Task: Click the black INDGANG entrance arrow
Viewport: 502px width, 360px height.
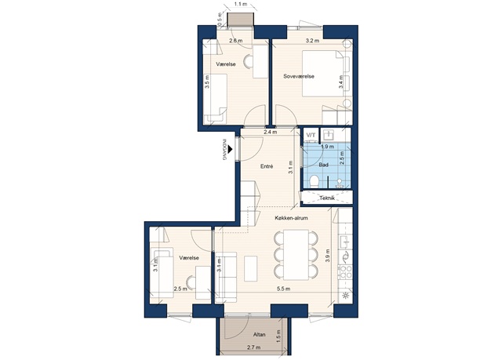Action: pos(230,149)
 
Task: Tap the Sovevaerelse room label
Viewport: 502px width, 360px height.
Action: pos(299,76)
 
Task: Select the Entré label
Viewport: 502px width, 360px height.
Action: pos(267,166)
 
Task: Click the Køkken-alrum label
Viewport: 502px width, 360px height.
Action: pos(291,218)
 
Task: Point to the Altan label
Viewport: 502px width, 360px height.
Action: pos(260,335)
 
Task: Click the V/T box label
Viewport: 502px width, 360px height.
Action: pos(311,135)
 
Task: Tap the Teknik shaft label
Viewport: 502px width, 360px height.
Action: pos(327,198)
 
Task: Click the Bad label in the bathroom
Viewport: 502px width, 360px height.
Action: pos(324,165)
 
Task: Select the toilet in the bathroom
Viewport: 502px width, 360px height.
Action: pos(315,181)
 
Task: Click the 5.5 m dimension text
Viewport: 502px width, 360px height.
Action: pos(284,289)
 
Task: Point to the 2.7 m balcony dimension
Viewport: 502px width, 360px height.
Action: pos(253,347)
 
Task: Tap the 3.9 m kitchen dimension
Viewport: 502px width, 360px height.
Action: pos(327,256)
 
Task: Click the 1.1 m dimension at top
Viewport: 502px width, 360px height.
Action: pos(240,5)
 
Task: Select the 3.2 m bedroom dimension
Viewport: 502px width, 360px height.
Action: pos(312,41)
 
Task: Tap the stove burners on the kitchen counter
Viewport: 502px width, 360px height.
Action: pos(346,272)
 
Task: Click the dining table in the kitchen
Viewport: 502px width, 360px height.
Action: pos(296,254)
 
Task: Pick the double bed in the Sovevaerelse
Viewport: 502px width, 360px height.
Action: pos(323,73)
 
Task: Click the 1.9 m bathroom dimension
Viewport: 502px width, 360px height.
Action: pos(327,147)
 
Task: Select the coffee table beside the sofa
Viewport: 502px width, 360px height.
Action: pos(251,268)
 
